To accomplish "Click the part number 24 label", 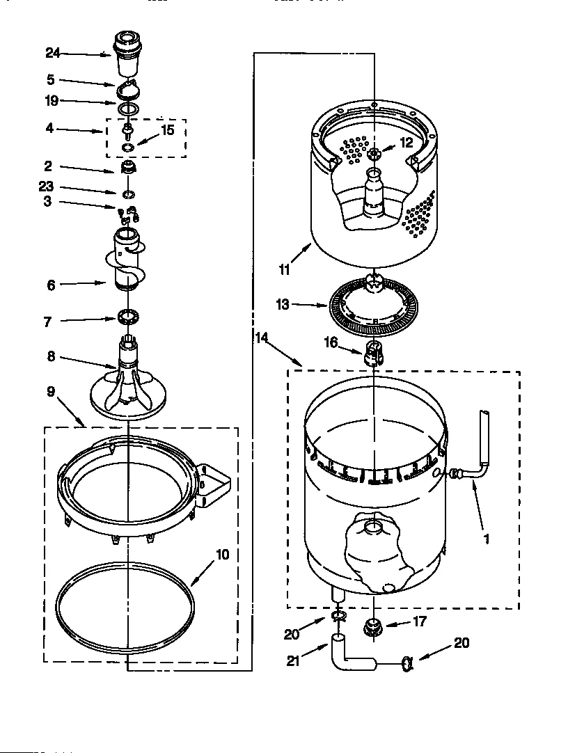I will [x=53, y=53].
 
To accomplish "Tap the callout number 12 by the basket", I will [x=406, y=143].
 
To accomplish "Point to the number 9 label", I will [x=51, y=392].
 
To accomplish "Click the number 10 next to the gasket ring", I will [x=221, y=555].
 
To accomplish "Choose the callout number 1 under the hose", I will [x=486, y=538].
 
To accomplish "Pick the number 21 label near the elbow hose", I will [x=294, y=661].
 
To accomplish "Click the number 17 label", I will [x=420, y=622].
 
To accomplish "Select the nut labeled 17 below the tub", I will [x=374, y=626].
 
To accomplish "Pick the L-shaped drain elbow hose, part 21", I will [x=348, y=654].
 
